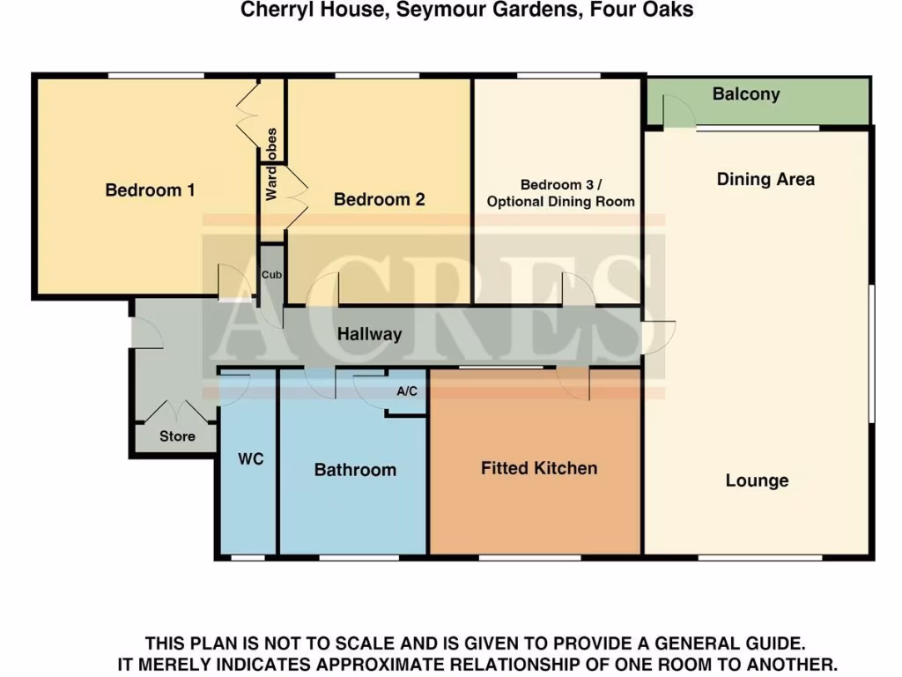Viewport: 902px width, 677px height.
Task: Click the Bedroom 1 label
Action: (x=150, y=190)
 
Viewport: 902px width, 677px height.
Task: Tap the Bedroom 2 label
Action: (x=379, y=199)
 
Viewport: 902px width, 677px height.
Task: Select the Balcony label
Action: (x=746, y=94)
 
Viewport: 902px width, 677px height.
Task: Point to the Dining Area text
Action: (x=765, y=179)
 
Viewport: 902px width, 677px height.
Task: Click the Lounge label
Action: (x=757, y=480)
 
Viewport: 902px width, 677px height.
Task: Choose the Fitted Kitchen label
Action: (x=539, y=468)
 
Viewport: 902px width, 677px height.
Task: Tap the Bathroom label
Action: (x=355, y=470)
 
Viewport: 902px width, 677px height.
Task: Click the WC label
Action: (x=251, y=459)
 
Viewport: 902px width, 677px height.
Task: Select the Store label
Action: (x=177, y=436)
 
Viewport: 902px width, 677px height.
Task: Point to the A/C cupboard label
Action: (x=407, y=391)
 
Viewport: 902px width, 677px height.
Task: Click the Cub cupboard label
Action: (x=271, y=275)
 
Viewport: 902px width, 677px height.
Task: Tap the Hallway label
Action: (x=369, y=334)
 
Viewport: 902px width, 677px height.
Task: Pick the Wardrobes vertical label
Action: (x=271, y=164)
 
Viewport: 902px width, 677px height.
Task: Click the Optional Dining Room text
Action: (x=561, y=202)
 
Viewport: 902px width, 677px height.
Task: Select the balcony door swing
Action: (x=676, y=112)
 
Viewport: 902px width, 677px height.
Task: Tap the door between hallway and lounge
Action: (x=656, y=335)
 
